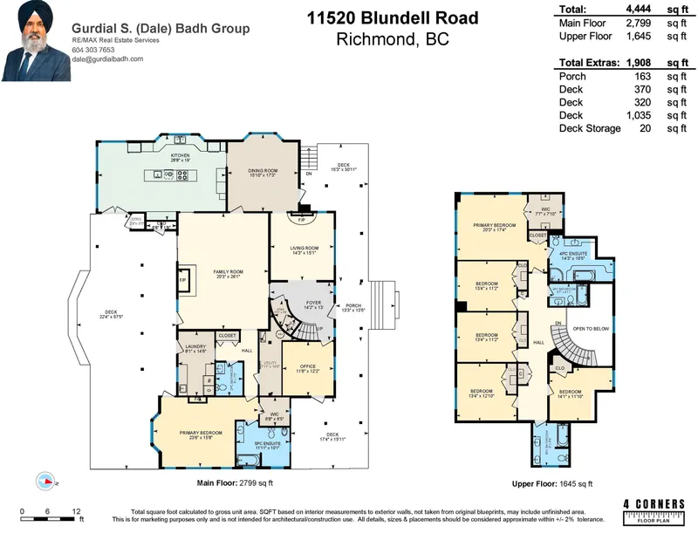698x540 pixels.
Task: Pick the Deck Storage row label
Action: (x=589, y=128)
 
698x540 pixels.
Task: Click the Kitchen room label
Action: (x=180, y=155)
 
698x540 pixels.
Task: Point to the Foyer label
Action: (x=314, y=304)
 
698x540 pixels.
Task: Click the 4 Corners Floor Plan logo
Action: (x=651, y=512)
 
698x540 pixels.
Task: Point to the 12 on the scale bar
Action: (x=77, y=510)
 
